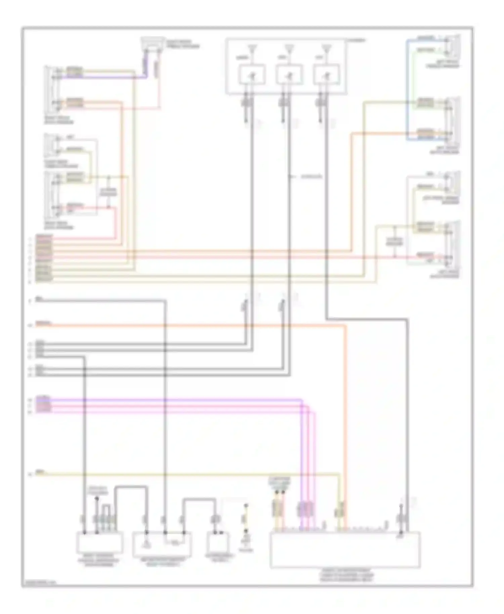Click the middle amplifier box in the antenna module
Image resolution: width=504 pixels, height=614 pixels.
click(289, 75)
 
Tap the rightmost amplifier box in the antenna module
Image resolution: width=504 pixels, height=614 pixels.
click(327, 75)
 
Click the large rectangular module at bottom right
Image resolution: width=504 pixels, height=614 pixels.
click(345, 550)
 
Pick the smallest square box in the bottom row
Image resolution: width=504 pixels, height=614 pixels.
click(218, 542)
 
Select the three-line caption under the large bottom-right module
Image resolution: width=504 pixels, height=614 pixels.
click(346, 575)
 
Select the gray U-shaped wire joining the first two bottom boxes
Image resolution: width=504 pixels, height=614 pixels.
click(131, 487)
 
